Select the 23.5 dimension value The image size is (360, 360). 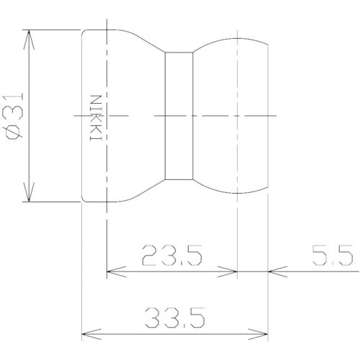172,256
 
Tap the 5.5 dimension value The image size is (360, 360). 333,256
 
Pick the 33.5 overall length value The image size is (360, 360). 175,318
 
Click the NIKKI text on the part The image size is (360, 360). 96,118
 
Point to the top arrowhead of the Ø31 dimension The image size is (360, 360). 29,40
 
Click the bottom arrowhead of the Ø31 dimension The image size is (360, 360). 29,192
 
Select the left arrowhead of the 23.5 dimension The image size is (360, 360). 117,271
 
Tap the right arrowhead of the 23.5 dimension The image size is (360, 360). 228,271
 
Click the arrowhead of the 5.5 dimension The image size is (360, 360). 277,271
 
